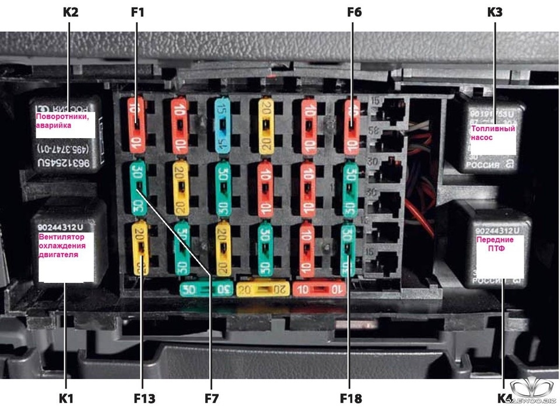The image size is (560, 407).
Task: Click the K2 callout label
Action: (x=69, y=12)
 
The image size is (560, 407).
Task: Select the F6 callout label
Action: (x=353, y=12)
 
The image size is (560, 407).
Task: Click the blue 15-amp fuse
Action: (x=222, y=125)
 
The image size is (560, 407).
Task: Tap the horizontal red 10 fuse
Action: (x=319, y=288)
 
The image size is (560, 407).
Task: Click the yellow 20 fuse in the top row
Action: (x=267, y=125)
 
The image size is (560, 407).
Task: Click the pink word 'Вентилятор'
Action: (x=62, y=237)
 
